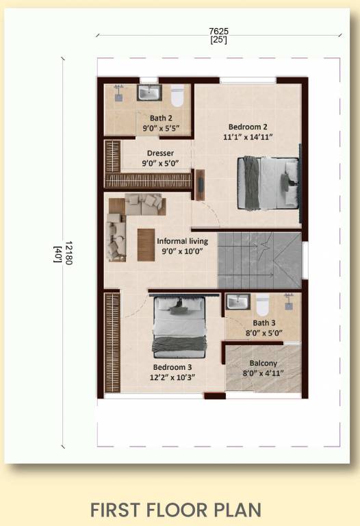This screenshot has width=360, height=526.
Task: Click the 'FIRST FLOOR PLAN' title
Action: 175,510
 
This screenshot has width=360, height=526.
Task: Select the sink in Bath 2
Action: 149,92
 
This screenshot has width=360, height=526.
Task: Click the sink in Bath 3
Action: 237,301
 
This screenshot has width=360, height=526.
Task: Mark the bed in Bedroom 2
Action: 268,182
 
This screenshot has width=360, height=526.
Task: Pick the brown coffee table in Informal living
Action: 146,244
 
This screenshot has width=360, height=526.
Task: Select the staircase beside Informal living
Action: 259,260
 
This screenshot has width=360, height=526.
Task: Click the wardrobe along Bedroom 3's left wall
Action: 112,342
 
